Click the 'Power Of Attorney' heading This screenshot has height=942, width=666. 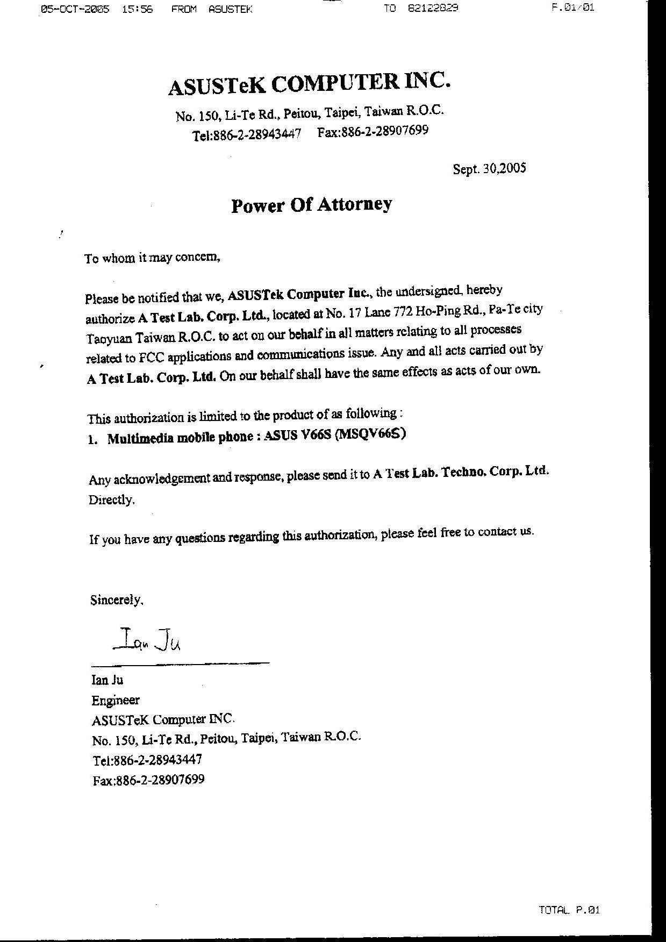(311, 205)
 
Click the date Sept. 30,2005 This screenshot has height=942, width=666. (489, 169)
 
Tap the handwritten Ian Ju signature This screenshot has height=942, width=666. (148, 640)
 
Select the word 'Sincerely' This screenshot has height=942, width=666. (117, 600)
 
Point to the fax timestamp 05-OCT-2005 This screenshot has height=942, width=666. (75, 9)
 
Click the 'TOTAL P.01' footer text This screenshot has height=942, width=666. (569, 910)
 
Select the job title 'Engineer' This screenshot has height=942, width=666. (116, 700)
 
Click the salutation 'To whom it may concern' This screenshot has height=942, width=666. (153, 258)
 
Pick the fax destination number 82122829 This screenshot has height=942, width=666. (433, 8)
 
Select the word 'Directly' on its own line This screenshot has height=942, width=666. (111, 499)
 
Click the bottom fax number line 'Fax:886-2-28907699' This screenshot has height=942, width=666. (148, 780)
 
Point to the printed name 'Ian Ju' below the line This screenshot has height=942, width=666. (108, 680)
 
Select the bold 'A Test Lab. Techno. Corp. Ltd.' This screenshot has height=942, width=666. (461, 473)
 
